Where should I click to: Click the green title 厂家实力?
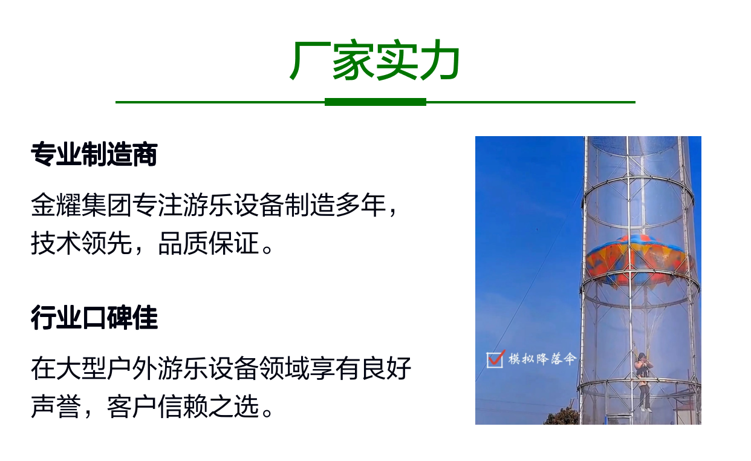coord(375,60)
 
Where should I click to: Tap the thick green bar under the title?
coord(375,102)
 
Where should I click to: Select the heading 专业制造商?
coord(94,154)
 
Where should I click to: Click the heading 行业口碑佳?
coord(94,318)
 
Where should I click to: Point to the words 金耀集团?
coord(81,204)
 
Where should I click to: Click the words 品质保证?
coord(208,243)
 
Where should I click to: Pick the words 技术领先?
coord(81,243)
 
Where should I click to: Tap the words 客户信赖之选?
coord(183,407)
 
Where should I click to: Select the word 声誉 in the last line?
coord(56,407)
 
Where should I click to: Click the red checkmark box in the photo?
coord(495,359)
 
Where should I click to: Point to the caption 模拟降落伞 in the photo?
coord(542,359)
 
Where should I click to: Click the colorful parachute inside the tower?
coord(639,260)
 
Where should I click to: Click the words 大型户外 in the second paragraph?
coord(106,368)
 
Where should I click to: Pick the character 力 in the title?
coord(440,60)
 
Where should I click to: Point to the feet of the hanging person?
coord(646,410)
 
